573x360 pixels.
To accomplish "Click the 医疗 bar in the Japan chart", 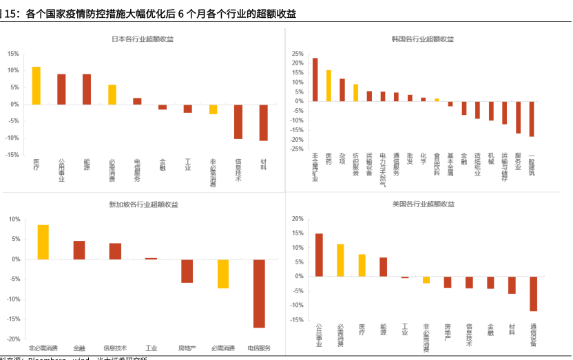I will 37,85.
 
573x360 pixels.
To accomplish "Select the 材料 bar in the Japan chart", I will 263,122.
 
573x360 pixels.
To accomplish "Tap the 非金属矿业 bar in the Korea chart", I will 315,79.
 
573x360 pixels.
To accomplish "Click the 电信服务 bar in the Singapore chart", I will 259,293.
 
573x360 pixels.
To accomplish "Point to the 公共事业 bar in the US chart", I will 319,255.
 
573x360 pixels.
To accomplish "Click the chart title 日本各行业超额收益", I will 143,39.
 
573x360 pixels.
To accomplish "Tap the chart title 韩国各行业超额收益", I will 428,39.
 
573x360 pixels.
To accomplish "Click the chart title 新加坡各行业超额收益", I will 143,204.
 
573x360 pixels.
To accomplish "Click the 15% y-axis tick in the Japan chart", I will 13,54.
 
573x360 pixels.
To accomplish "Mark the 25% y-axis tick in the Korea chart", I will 298,54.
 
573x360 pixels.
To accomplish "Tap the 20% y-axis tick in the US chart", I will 298,219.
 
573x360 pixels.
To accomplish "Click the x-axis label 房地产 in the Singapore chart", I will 187,348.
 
